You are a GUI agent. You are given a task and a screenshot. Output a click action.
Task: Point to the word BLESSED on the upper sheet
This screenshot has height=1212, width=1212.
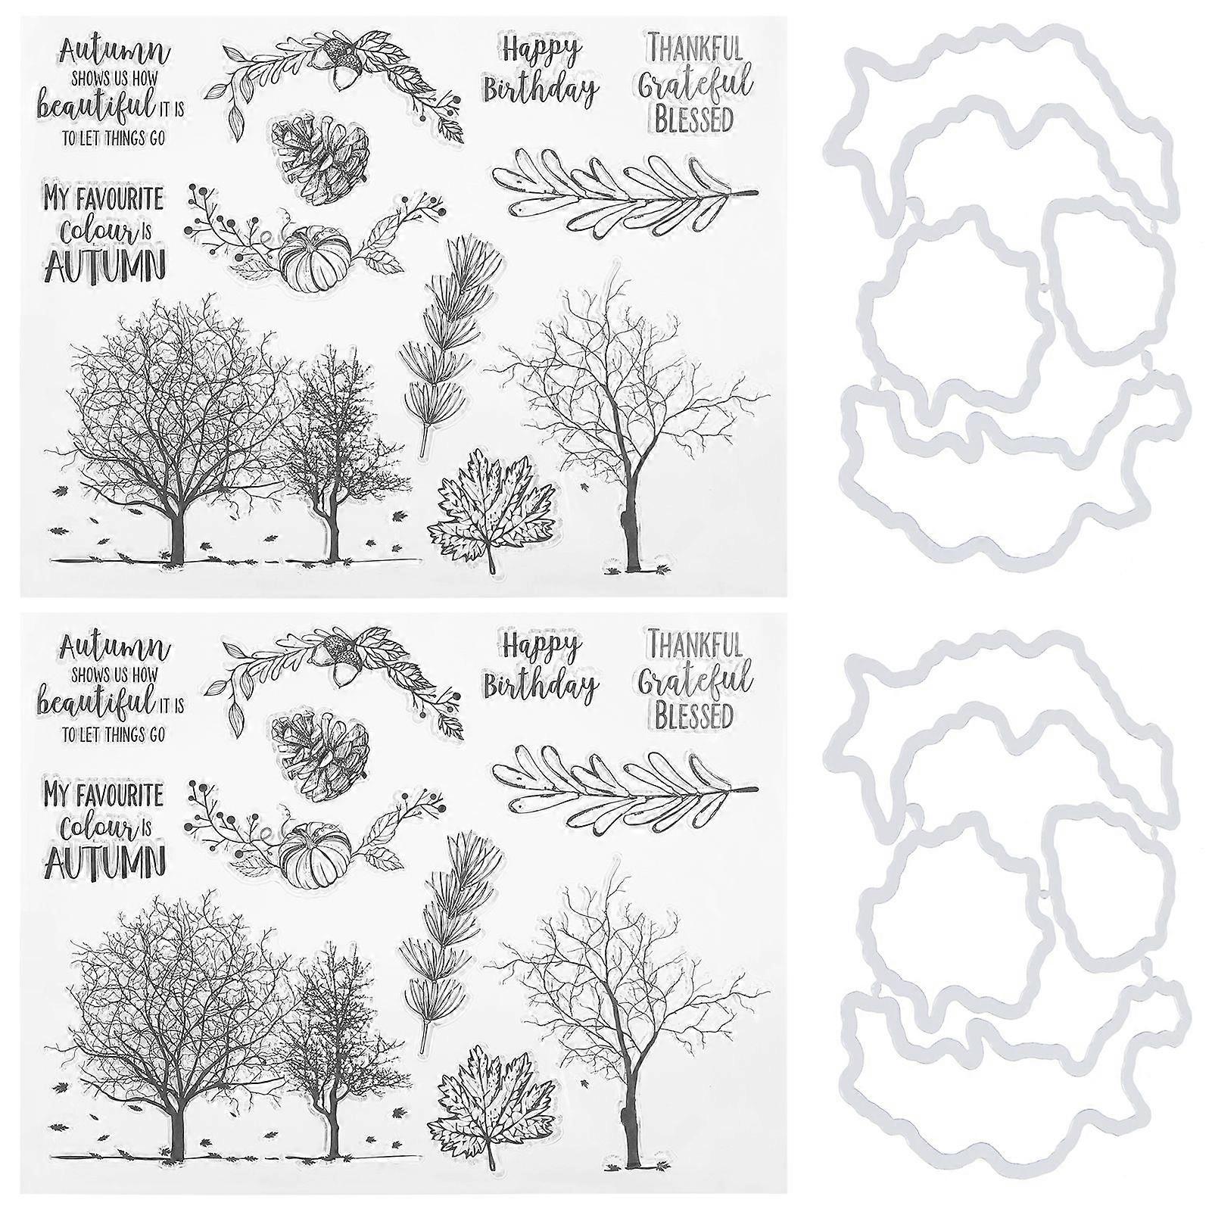[693, 119]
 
